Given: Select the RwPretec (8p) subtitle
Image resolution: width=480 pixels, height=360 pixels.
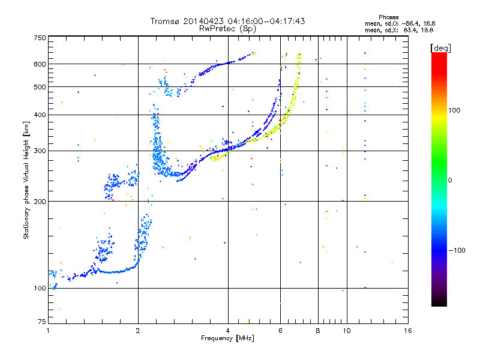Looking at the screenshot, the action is (227, 29).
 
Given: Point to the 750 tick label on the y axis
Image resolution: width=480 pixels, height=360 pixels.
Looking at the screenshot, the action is (40, 38).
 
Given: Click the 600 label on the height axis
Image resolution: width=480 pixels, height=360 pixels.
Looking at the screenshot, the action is (40, 64).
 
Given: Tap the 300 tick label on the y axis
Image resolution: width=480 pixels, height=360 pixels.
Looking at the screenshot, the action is (40, 151).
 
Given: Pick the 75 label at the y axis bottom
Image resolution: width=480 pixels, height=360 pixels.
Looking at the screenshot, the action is (42, 322).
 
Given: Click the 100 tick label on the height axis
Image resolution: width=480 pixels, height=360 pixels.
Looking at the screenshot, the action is (40, 289).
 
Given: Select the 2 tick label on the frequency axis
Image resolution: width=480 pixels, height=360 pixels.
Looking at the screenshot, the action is (138, 331).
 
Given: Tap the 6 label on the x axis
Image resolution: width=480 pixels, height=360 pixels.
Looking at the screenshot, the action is (280, 331).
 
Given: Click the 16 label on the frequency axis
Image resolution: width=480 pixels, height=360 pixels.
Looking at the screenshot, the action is (408, 331).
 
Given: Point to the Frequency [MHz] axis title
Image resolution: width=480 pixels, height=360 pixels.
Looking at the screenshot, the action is (227, 338).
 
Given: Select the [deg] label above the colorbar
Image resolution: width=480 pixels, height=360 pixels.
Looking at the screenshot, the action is (440, 48).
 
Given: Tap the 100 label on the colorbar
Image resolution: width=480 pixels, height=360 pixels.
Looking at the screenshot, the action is (454, 110).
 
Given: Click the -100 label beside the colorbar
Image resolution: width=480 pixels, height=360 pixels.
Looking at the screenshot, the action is (457, 250).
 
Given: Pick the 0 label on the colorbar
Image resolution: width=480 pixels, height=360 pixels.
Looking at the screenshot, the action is (450, 181).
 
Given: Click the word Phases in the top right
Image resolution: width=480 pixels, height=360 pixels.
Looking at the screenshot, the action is (388, 17).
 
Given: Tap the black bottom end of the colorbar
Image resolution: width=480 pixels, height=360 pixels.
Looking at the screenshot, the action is (439, 303).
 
